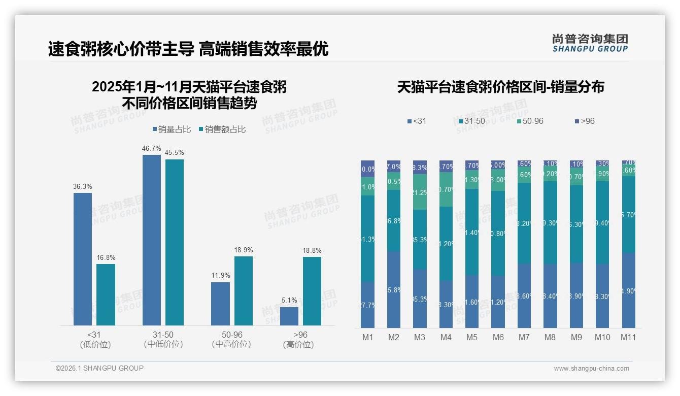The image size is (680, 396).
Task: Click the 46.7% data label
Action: click(x=152, y=149)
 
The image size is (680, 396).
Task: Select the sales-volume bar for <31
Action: click(x=83, y=259)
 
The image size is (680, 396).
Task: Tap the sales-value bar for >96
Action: click(x=312, y=291)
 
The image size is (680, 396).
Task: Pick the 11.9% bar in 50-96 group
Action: click(x=220, y=304)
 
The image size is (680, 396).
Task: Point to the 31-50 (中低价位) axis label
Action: click(x=163, y=339)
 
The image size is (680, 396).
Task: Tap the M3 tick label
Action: click(x=420, y=337)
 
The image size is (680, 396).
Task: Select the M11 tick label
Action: click(x=628, y=337)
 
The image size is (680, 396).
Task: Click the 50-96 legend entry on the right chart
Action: click(x=530, y=121)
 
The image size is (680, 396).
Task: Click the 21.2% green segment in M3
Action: click(x=420, y=192)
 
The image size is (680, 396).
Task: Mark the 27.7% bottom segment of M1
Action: click(x=368, y=305)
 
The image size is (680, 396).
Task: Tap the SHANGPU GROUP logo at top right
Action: click(x=590, y=43)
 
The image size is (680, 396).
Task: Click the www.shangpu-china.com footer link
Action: click(x=591, y=369)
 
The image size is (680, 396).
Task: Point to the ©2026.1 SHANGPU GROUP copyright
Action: click(x=99, y=368)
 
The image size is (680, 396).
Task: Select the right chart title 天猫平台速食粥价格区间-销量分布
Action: click(x=501, y=87)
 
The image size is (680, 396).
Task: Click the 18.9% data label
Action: click(x=244, y=250)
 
